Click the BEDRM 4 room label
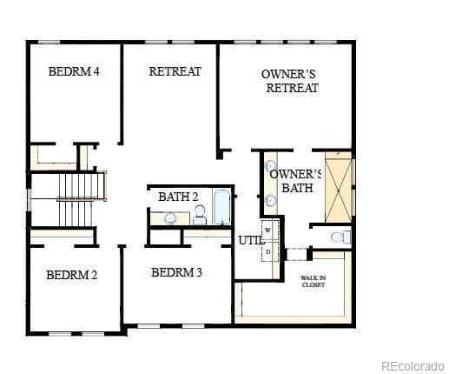74,71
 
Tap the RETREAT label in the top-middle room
175,71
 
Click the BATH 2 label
178,197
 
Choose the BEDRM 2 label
71,275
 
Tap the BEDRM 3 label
176,272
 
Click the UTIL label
250,239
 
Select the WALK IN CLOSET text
313,281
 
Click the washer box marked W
268,230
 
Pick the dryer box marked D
268,251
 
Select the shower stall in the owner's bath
338,187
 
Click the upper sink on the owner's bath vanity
270,166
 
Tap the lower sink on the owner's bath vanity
270,200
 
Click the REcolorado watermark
413,365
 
